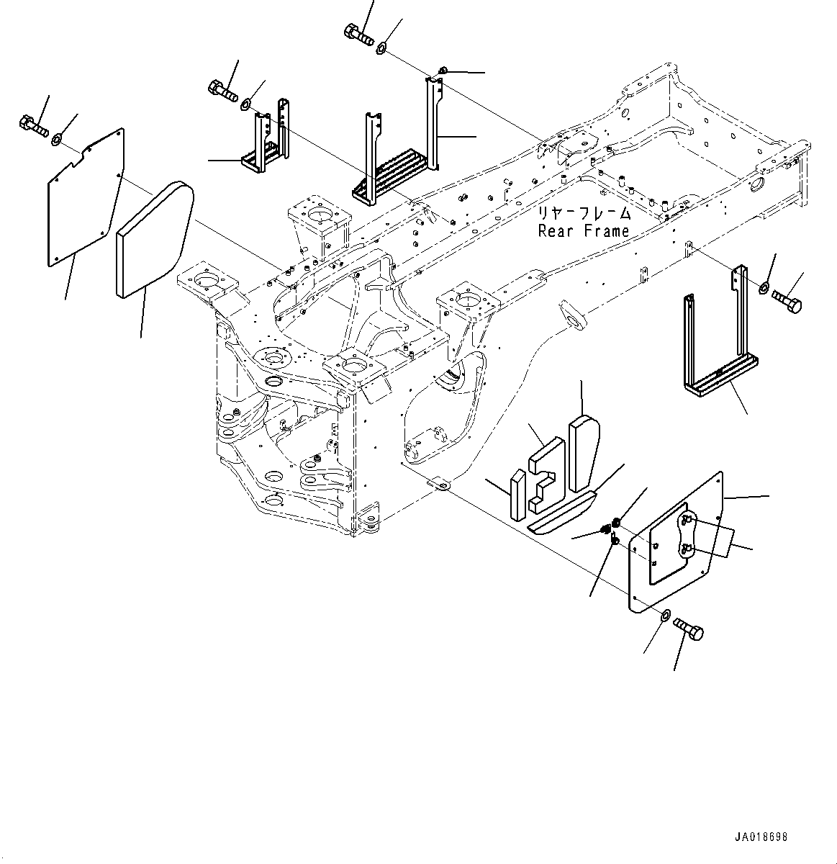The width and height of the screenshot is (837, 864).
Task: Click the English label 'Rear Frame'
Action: pyautogui.click(x=584, y=231)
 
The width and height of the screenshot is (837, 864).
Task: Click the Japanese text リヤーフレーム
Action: pyautogui.click(x=583, y=214)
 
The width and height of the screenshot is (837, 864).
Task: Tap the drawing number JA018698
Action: pyautogui.click(x=761, y=837)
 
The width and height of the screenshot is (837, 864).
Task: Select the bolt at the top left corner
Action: pyautogui.click(x=33, y=125)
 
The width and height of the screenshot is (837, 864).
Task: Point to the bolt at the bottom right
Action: pyautogui.click(x=689, y=630)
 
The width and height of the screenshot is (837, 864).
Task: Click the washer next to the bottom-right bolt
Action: pyautogui.click(x=665, y=616)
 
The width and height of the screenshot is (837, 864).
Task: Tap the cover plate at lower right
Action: pyautogui.click(x=677, y=540)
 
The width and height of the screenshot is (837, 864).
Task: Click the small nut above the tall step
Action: pyautogui.click(x=443, y=70)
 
